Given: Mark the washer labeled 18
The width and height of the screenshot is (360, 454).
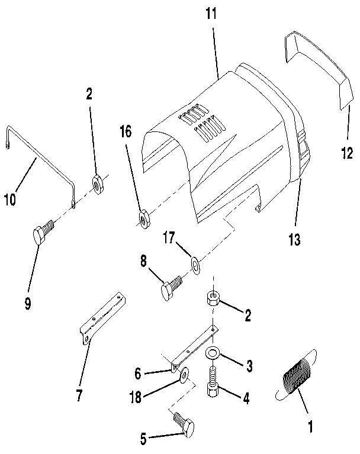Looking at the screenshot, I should (x=183, y=375).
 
